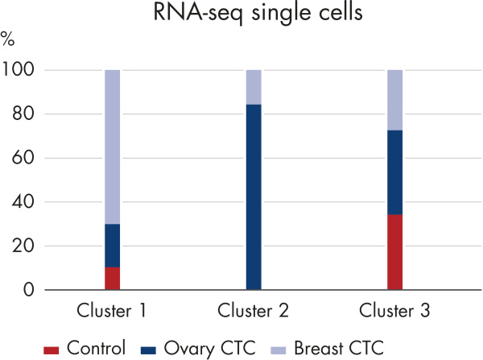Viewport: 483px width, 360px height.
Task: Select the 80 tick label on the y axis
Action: (x=23, y=114)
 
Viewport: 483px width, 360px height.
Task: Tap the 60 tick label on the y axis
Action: (x=23, y=159)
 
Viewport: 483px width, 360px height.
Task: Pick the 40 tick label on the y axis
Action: (x=23, y=202)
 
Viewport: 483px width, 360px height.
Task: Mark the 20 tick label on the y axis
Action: (x=23, y=246)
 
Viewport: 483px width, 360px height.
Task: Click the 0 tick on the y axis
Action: (x=28, y=290)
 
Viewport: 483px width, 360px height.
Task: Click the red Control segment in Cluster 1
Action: (x=113, y=278)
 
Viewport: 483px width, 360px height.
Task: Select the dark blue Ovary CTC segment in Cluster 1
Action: (x=113, y=245)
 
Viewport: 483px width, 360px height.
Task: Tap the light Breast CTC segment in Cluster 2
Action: (x=254, y=87)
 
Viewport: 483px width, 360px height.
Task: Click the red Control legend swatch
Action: (x=52, y=349)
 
